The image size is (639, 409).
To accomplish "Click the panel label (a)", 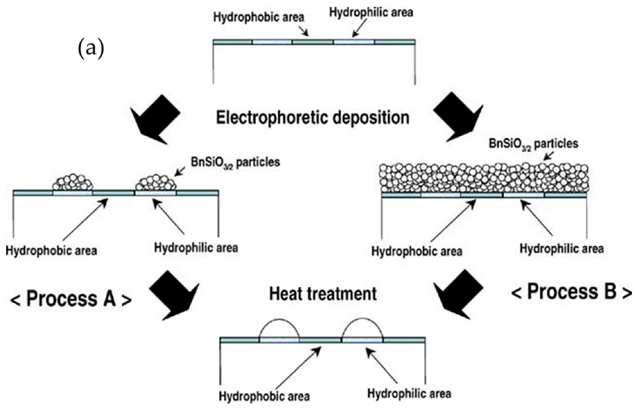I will (90, 48).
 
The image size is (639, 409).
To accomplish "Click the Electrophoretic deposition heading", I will (312, 117).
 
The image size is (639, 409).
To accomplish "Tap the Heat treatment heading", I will (323, 294).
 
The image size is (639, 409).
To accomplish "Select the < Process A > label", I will (71, 299).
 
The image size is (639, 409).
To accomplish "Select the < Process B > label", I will (571, 292).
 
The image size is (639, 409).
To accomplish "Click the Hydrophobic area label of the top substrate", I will (259, 17).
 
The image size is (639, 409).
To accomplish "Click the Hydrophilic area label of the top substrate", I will (371, 12).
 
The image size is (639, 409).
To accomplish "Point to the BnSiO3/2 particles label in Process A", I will (235, 162).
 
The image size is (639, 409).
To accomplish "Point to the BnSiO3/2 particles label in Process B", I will (533, 144).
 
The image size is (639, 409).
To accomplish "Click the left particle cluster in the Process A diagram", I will (73, 183).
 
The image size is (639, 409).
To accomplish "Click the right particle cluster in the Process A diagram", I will (156, 183).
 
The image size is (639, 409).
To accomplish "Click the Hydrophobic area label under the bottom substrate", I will (264, 397).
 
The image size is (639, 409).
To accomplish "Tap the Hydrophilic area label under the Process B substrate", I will (561, 249).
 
